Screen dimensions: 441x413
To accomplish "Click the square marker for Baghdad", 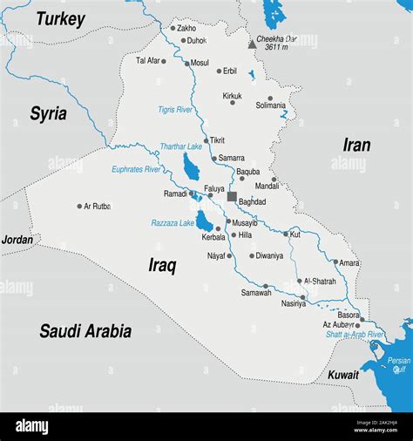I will pos(232,196).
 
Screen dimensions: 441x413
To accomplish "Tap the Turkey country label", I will pos(60,19).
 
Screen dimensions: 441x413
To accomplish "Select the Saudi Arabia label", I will pos(85,330).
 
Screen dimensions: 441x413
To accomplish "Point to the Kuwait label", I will pos(342,375).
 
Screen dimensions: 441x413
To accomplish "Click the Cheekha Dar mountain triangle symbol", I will pos(253,43).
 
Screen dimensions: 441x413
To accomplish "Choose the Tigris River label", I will pos(175,110).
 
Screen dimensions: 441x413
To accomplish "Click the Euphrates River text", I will pos(136,168).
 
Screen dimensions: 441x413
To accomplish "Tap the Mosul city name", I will pos(200,63).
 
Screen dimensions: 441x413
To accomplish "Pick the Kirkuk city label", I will pos(232,95).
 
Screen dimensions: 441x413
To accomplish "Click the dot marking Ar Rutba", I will pos(79,207).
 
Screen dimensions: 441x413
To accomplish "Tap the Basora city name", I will pos(348,315).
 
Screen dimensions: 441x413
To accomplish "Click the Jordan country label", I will pos(17,240).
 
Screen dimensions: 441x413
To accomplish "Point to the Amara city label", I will pos(349,262).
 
